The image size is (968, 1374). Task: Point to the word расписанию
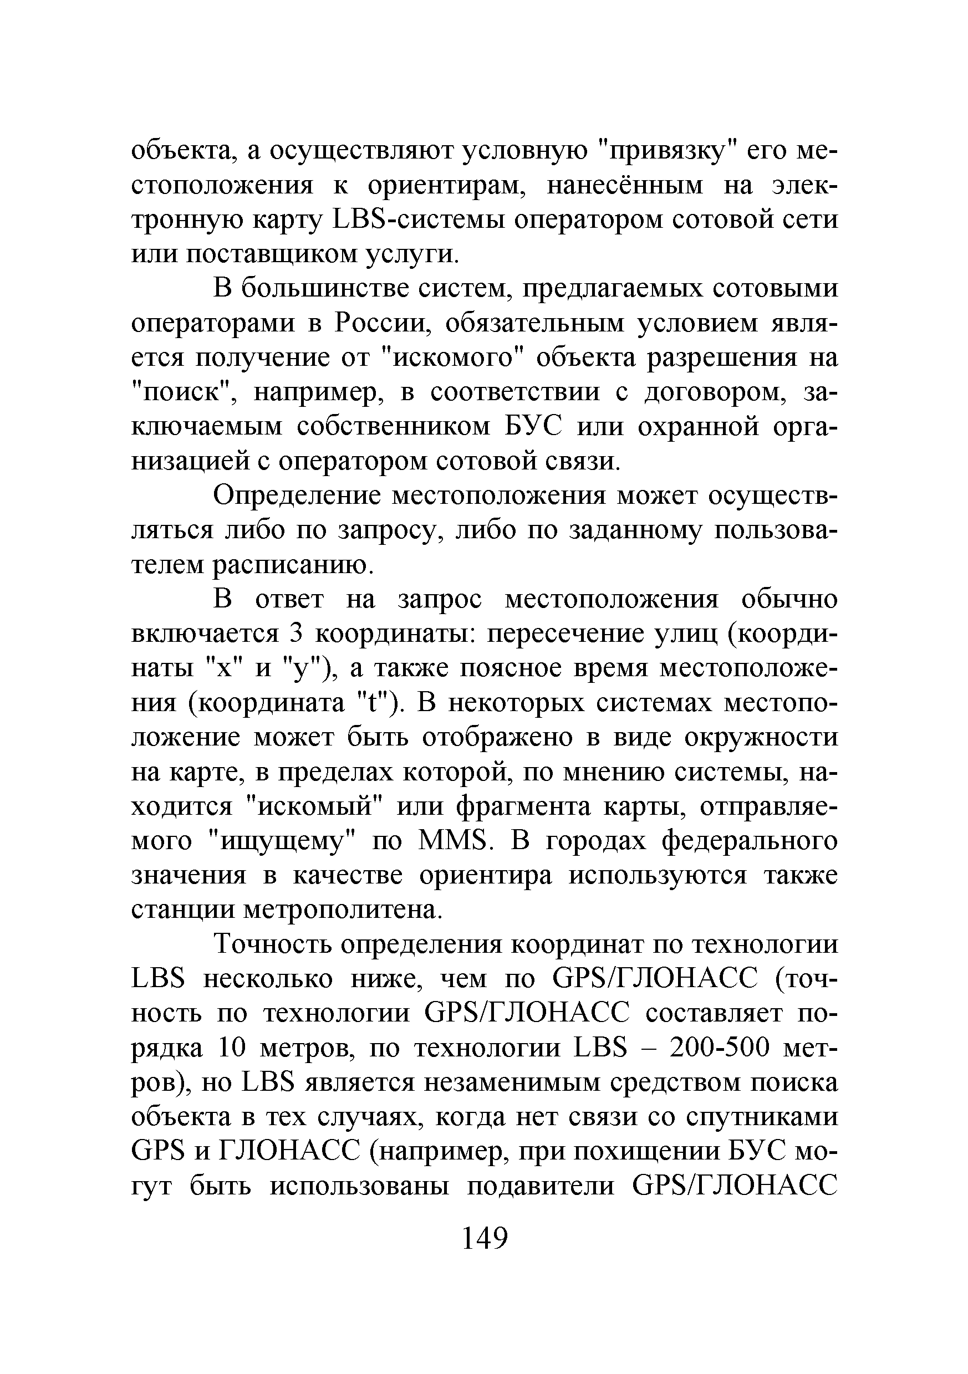click(x=293, y=565)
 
